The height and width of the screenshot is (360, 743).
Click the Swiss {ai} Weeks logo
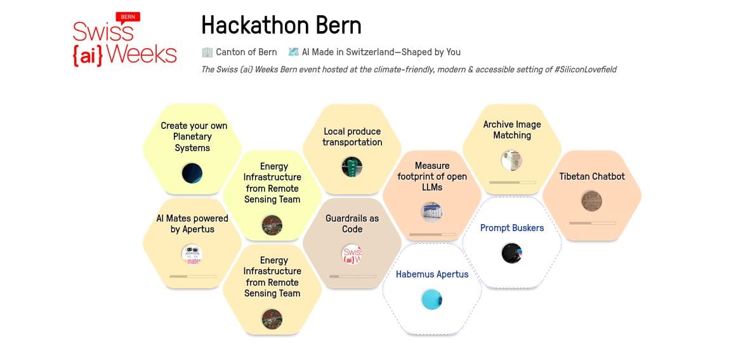[x=125, y=40]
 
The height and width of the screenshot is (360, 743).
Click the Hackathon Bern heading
[x=281, y=25]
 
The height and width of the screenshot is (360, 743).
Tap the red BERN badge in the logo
[x=128, y=18]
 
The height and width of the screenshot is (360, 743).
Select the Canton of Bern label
[x=246, y=52]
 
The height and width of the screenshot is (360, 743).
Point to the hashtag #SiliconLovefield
[x=585, y=70]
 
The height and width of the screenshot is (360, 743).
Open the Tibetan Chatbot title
[x=592, y=177]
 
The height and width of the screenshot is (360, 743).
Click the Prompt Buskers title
[x=512, y=228]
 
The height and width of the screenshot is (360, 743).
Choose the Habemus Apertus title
[x=432, y=274]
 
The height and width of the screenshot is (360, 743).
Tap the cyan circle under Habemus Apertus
[x=431, y=300]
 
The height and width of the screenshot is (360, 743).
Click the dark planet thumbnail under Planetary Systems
[x=192, y=173]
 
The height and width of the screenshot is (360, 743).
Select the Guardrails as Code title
[x=352, y=224]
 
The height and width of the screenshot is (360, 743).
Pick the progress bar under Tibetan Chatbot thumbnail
[x=593, y=223]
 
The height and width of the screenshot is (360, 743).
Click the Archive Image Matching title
[x=512, y=130]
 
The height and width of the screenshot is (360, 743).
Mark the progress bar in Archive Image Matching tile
[x=512, y=182]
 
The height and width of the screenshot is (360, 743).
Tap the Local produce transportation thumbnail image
[x=352, y=167]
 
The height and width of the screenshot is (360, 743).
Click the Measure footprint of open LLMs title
[x=431, y=177]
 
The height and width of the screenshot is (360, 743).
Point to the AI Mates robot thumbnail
[x=192, y=254]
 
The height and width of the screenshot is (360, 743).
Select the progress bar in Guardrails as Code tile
[x=353, y=277]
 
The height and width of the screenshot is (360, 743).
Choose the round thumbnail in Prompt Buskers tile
[x=512, y=253]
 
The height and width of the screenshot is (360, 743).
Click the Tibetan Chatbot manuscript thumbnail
[x=592, y=201]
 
